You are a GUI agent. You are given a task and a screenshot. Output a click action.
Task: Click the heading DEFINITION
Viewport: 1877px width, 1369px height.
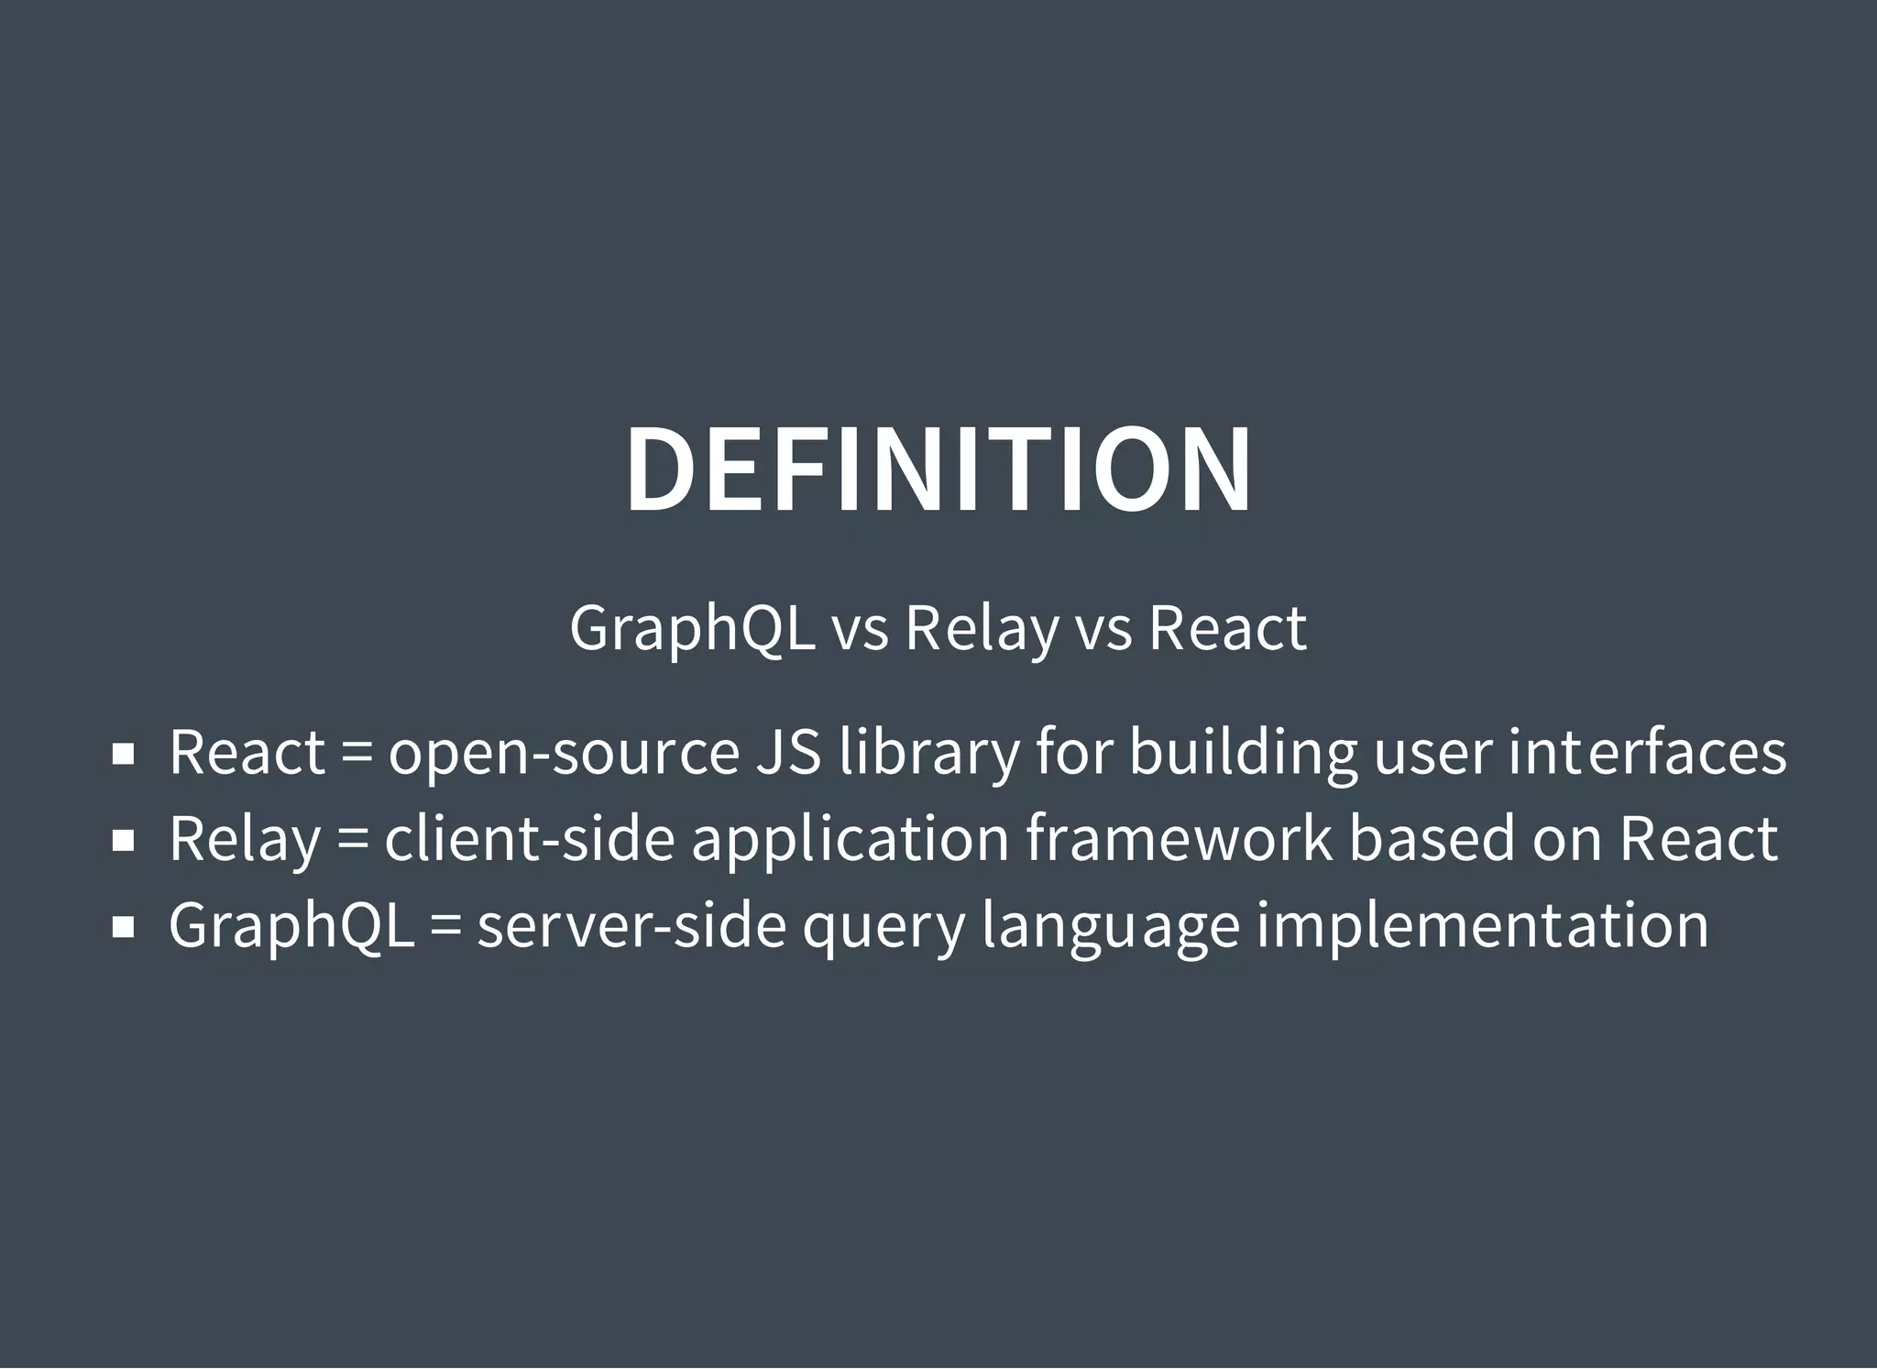[x=938, y=470]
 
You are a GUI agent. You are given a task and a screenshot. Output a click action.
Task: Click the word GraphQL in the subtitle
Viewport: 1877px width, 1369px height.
[x=692, y=629]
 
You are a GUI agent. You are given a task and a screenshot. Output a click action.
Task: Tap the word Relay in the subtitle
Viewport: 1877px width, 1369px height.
[x=981, y=629]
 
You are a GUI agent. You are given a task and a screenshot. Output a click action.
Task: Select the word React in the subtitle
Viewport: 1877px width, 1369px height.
[x=1227, y=629]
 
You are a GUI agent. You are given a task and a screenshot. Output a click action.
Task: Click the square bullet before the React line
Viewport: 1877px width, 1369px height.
[x=123, y=755]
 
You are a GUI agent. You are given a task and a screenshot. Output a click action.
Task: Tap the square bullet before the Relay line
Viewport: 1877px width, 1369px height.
[x=123, y=841]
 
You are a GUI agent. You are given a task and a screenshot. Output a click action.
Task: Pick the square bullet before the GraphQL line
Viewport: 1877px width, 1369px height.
[x=123, y=927]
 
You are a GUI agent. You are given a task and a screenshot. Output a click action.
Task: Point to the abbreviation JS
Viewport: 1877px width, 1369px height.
[x=788, y=753]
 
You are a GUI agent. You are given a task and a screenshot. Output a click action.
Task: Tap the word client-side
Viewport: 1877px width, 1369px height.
[x=529, y=839]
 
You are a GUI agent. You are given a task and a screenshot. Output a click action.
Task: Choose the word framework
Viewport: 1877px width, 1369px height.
[x=1179, y=839]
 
